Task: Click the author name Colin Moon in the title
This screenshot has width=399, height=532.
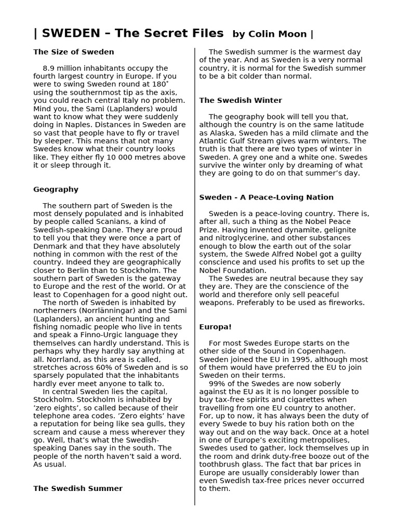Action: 278,34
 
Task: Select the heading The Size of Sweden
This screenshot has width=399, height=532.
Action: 73,52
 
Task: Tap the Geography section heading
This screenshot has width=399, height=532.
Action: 56,190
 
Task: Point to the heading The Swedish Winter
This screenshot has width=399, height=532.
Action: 241,100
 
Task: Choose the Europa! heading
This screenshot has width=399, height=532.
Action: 216,327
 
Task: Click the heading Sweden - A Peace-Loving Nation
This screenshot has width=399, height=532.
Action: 266,197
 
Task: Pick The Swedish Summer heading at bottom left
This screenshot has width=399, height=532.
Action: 78,488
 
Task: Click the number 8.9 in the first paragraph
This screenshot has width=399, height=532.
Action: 49,68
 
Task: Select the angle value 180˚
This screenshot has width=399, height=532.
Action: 161,84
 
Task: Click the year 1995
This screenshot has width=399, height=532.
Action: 291,359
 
